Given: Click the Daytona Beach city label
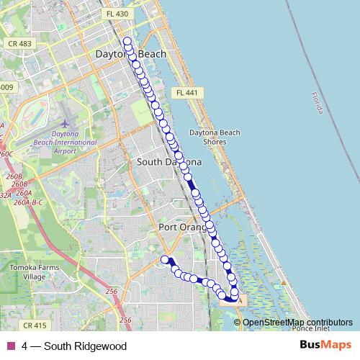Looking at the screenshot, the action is click(x=131, y=54).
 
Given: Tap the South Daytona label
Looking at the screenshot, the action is click(x=169, y=163).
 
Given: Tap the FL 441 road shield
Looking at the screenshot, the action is click(x=189, y=93).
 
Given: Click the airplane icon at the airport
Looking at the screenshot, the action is click(x=67, y=124).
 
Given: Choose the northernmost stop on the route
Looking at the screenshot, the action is click(x=127, y=41).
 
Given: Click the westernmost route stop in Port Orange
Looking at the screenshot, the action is click(x=165, y=259).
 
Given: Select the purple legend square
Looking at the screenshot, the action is click(x=10, y=346).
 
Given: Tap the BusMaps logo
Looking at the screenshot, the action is click(x=325, y=346).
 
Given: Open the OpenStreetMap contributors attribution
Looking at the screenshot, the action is click(x=297, y=322).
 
